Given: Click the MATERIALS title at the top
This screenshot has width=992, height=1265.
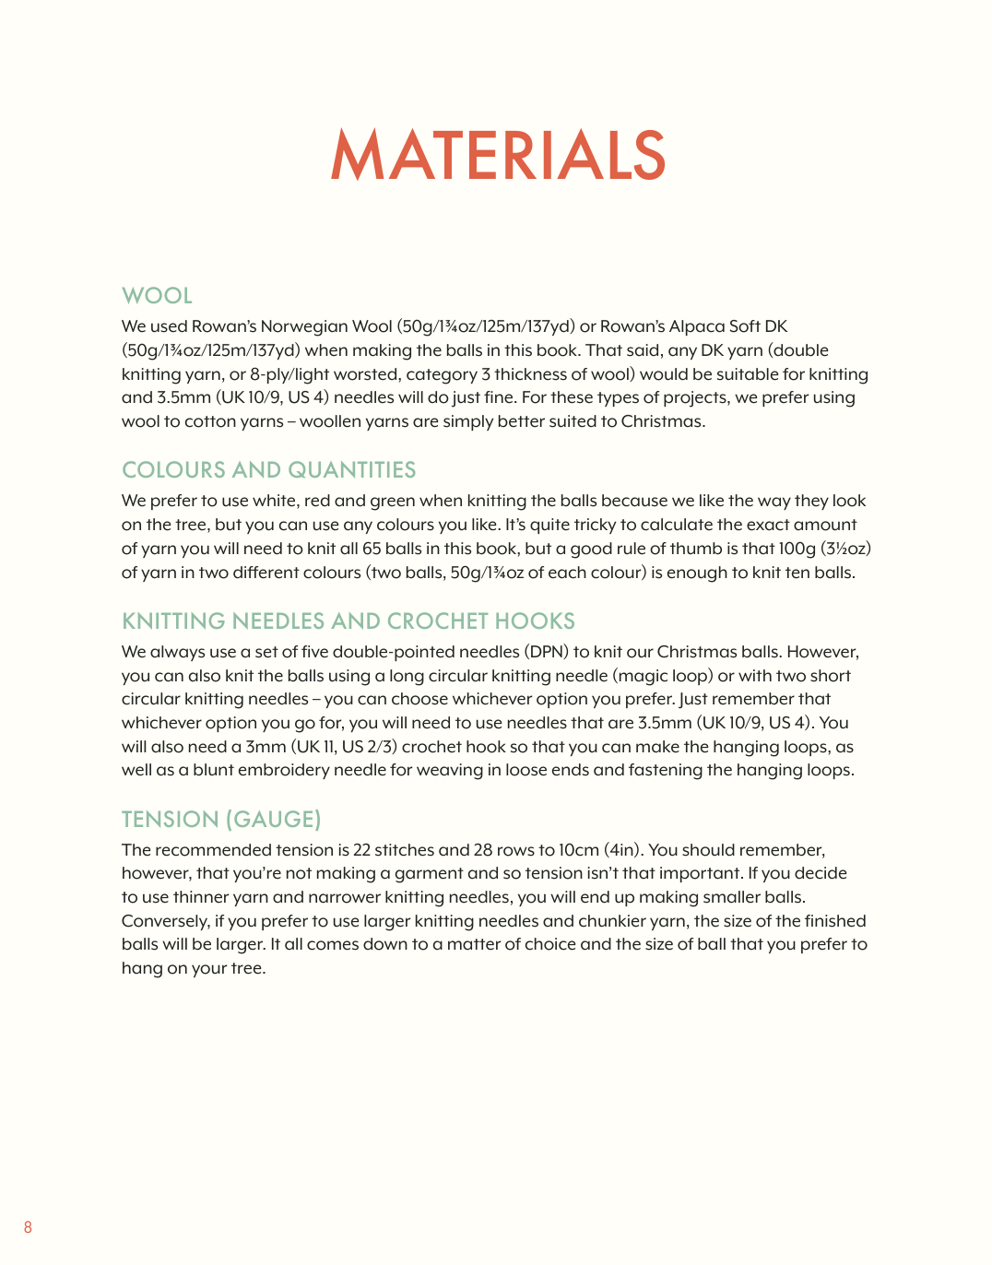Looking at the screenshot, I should (x=498, y=155).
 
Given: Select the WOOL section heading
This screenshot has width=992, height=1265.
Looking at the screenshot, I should (x=157, y=296).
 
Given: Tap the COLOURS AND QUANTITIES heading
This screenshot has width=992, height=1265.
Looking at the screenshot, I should (x=268, y=470).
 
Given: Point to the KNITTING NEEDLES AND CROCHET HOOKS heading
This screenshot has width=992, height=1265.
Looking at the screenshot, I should (x=348, y=621).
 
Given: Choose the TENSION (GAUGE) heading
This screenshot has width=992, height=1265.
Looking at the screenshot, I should (x=221, y=820).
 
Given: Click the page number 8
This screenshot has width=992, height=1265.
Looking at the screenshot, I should (x=28, y=1227).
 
